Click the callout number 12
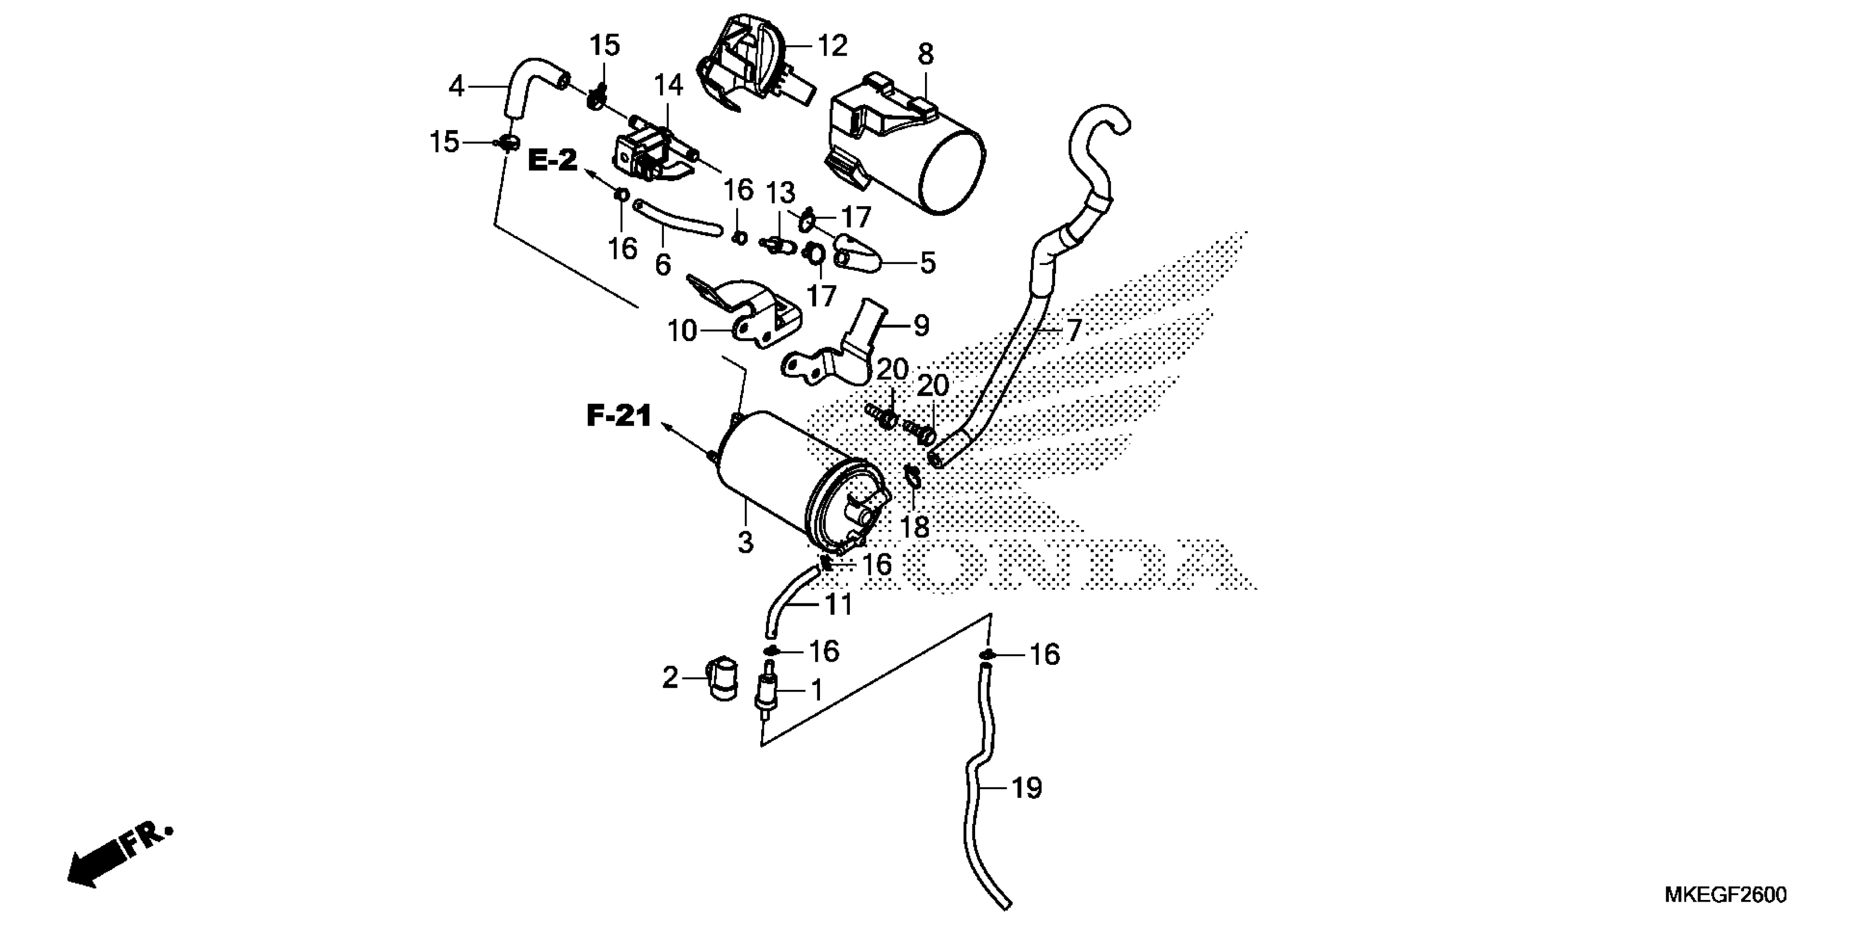832,46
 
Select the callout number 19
1026,788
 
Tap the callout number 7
1073,330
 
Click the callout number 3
745,541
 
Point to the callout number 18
914,528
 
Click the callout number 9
921,326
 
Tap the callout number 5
928,263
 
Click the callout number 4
456,87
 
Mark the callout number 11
838,604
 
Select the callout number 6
662,264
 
